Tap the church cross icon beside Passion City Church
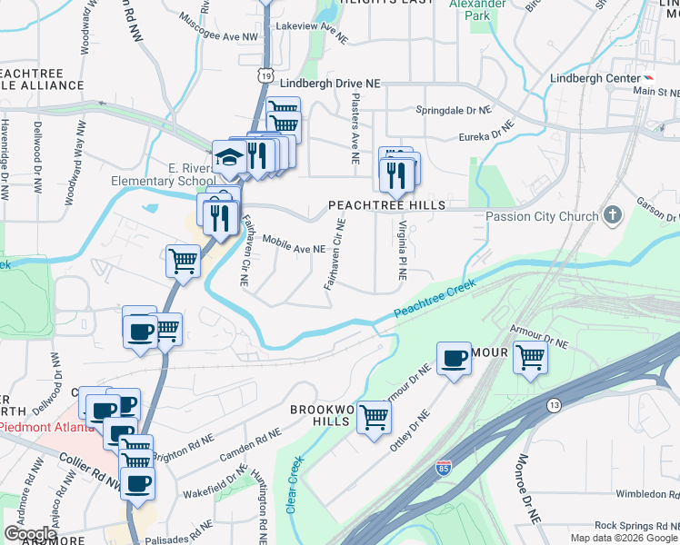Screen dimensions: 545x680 tap(613, 215)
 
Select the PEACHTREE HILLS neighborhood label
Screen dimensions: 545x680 tap(386, 205)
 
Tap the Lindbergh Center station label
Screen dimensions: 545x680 tap(595, 78)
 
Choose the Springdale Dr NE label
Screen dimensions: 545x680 tap(453, 109)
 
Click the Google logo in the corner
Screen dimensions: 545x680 tap(30, 533)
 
